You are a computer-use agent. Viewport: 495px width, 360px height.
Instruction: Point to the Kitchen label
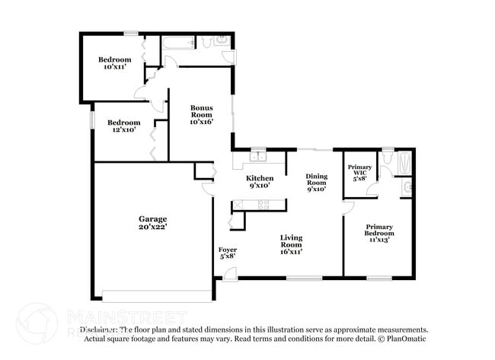point(260,178)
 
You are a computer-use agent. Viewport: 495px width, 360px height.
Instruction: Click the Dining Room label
point(316,178)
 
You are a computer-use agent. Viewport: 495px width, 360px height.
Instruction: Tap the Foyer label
point(227,249)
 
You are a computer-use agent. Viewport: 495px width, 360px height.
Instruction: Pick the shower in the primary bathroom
point(405,161)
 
